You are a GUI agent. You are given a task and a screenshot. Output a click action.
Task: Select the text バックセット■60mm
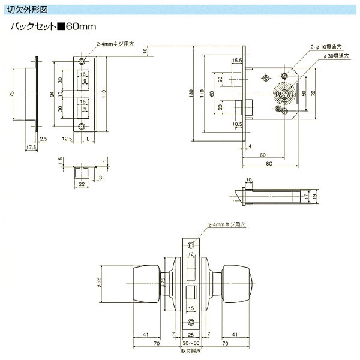coord(54,28)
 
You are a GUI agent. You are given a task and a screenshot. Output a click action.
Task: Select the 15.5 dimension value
coord(236,61)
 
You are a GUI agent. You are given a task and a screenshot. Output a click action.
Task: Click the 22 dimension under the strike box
coord(81,185)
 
